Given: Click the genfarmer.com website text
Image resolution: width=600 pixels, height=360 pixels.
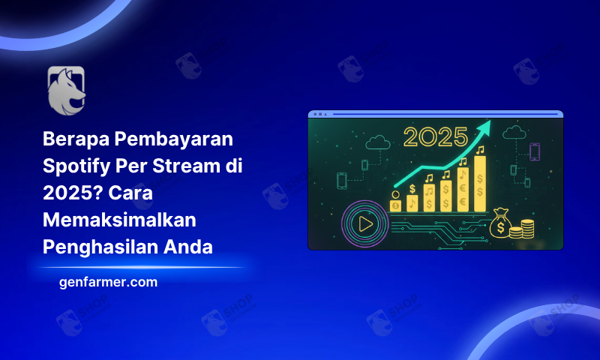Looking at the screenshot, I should pyautogui.click(x=108, y=282).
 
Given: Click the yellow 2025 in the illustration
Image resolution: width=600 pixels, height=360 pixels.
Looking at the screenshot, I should pyautogui.click(x=436, y=138).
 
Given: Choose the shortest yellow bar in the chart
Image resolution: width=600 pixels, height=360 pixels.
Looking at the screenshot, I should pyautogui.click(x=396, y=205).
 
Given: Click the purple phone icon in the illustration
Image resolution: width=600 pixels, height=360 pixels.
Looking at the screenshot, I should pyautogui.click(x=535, y=151).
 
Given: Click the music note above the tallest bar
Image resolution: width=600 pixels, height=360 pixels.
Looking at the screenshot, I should pyautogui.click(x=480, y=150).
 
